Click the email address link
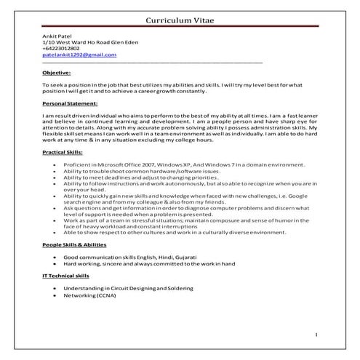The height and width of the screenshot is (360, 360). (79, 55)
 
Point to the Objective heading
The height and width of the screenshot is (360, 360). (57, 73)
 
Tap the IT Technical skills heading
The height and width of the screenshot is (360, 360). (66, 277)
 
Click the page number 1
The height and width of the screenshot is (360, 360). (316, 333)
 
